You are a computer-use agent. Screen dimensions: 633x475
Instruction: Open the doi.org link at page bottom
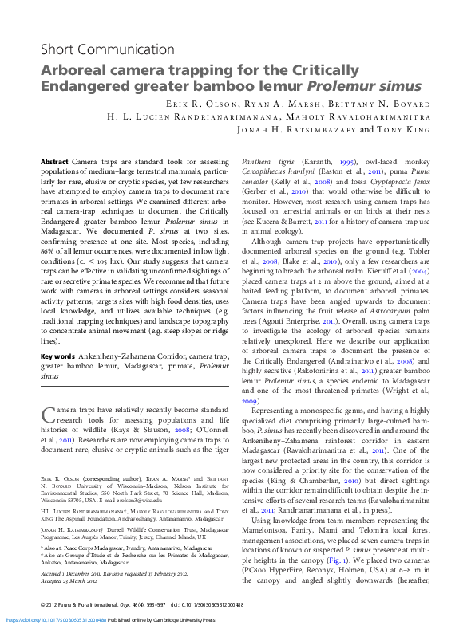pos(53,619)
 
